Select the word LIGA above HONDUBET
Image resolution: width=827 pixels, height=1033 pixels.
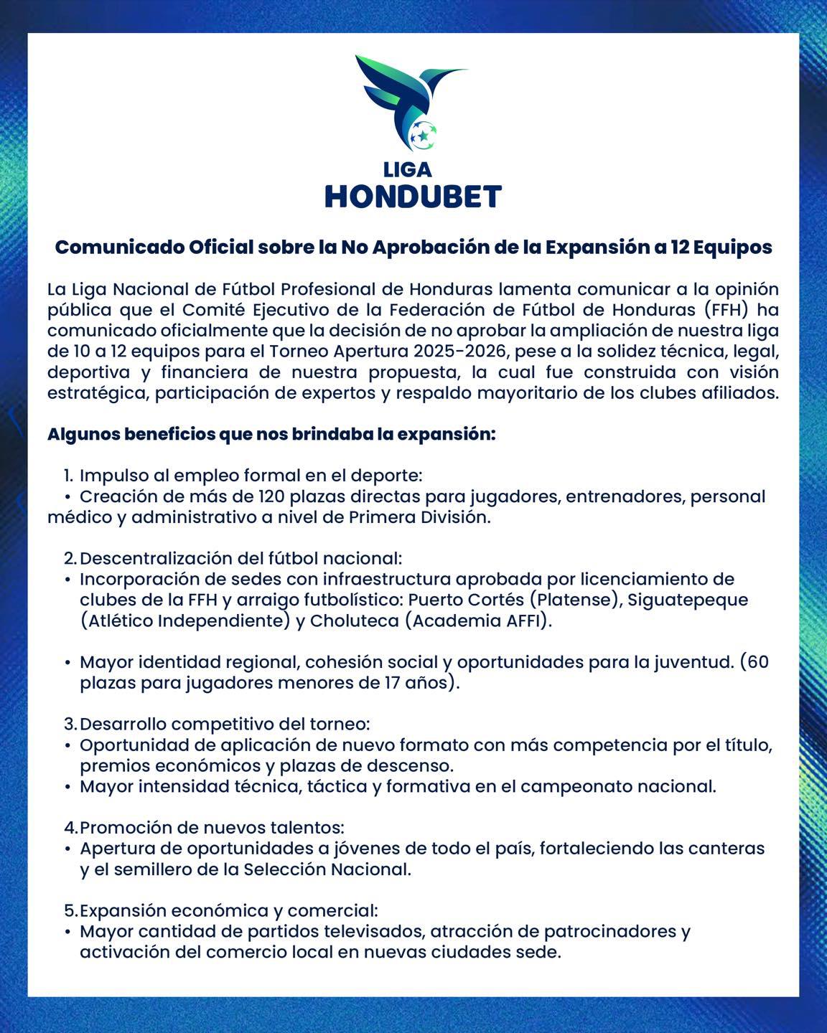(407, 169)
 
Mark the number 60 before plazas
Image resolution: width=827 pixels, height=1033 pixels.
(757, 661)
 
